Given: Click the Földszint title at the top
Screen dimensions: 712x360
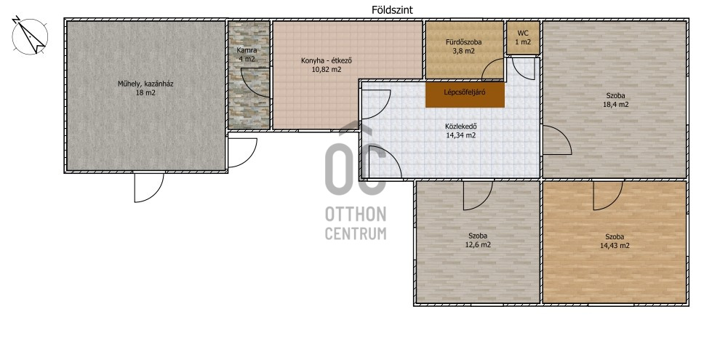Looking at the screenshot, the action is tap(392, 10).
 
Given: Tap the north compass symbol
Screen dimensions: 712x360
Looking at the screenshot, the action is tap(30, 36).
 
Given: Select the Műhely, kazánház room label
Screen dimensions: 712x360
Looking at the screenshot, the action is tap(145, 88).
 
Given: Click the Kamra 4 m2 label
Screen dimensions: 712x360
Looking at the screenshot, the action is tap(247, 55).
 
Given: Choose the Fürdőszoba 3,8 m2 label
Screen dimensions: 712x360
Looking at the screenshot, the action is tap(463, 47).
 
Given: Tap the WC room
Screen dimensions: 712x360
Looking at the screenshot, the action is tap(523, 38).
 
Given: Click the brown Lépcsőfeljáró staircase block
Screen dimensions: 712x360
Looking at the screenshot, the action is tap(465, 95).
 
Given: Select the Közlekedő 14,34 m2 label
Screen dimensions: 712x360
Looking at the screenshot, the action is tap(460, 131).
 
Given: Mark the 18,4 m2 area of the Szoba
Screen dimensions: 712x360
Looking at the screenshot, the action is tap(615, 105).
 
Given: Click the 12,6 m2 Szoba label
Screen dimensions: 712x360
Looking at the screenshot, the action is tap(478, 240).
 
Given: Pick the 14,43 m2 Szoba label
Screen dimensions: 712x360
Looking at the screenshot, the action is tap(615, 241).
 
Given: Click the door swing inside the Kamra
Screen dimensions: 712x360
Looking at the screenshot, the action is tap(255, 82).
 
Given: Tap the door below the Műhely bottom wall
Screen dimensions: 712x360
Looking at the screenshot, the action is tap(149, 187).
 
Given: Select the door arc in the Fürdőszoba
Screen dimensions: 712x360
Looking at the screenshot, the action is tap(492, 68).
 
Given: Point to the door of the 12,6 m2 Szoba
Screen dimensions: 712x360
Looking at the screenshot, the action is tap(478, 195).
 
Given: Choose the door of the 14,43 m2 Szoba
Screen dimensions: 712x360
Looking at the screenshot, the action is tap(608, 195).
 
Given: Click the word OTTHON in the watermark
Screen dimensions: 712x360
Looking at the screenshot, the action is tap(356, 214).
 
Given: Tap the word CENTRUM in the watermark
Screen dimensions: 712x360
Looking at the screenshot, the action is tap(356, 233).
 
